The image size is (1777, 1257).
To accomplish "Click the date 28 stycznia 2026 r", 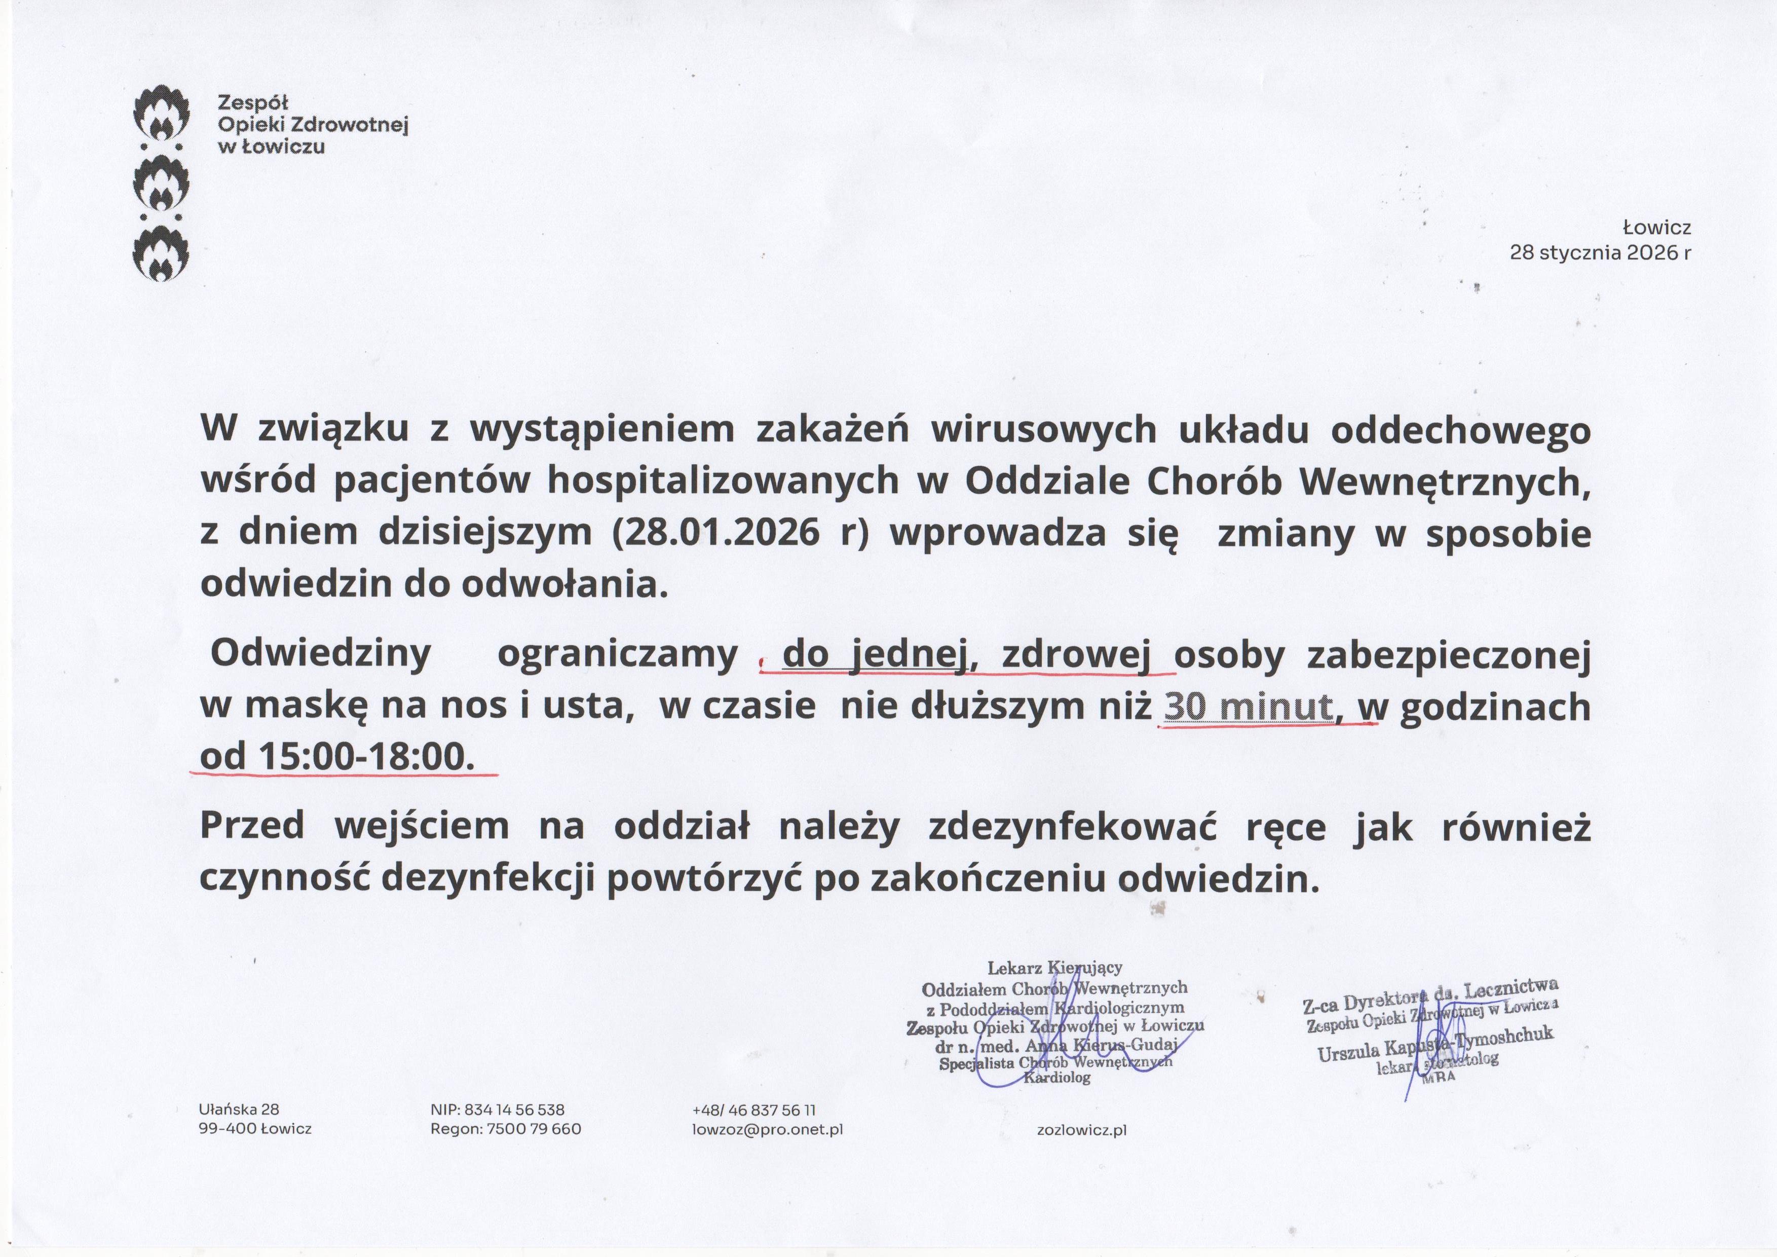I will coord(1600,253).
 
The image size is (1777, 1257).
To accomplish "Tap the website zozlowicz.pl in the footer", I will coord(1081,1130).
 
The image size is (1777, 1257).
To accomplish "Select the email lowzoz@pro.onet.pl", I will coord(767,1129).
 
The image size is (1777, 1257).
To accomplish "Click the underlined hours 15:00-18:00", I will coord(364,756).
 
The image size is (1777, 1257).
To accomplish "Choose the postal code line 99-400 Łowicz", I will coord(255,1129).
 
